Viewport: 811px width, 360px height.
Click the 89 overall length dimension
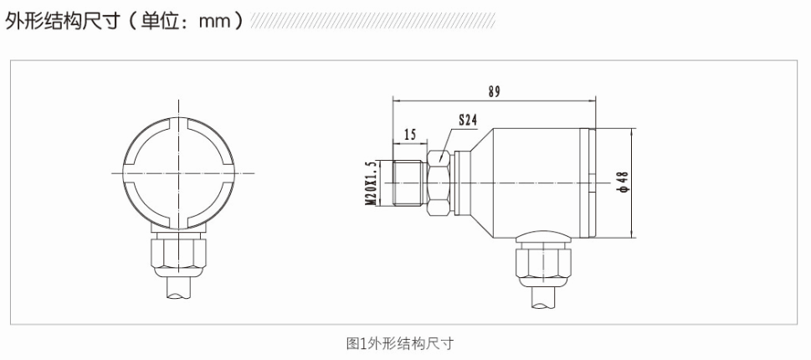tap(494, 91)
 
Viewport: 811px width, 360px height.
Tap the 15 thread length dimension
tap(410, 134)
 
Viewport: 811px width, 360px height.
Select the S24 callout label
tap(467, 121)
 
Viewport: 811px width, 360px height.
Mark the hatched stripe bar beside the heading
tap(372, 20)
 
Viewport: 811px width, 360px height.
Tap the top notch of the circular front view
tap(178, 120)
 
